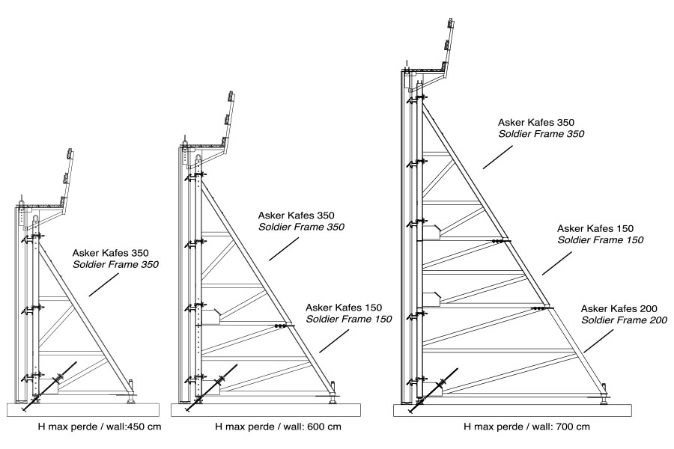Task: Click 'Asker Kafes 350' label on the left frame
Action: click(x=115, y=253)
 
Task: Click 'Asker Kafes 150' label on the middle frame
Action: click(x=344, y=308)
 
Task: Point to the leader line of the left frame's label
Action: click(x=104, y=284)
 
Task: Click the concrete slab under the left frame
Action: click(x=82, y=409)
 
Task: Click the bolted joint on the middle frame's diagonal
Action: click(x=282, y=326)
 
